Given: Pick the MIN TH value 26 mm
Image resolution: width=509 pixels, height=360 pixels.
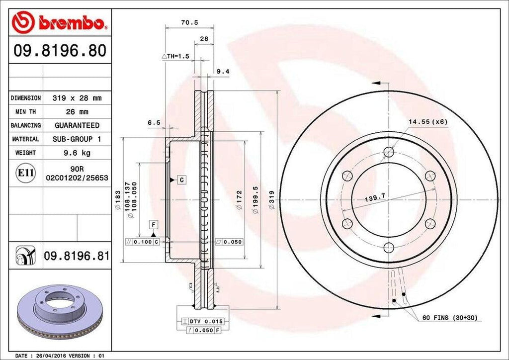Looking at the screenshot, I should click(77, 112).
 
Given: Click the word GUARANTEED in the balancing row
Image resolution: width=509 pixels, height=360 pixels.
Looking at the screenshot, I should click(77, 125).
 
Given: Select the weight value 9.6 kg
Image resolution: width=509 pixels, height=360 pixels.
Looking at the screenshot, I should click(77, 153).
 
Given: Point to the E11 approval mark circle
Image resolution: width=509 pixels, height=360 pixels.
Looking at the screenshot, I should click(26, 173).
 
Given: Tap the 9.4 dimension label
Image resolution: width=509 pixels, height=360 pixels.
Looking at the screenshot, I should click(223, 72).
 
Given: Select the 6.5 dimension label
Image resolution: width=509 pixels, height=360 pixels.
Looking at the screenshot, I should click(154, 122).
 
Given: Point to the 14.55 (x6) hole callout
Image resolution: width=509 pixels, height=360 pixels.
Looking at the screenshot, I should click(428, 121).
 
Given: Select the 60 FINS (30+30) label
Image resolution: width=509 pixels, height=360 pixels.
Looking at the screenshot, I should click(449, 317).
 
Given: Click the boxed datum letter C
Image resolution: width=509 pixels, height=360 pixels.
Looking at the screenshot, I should click(182, 179).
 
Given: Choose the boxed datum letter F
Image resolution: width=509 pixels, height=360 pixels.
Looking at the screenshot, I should click(154, 225).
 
